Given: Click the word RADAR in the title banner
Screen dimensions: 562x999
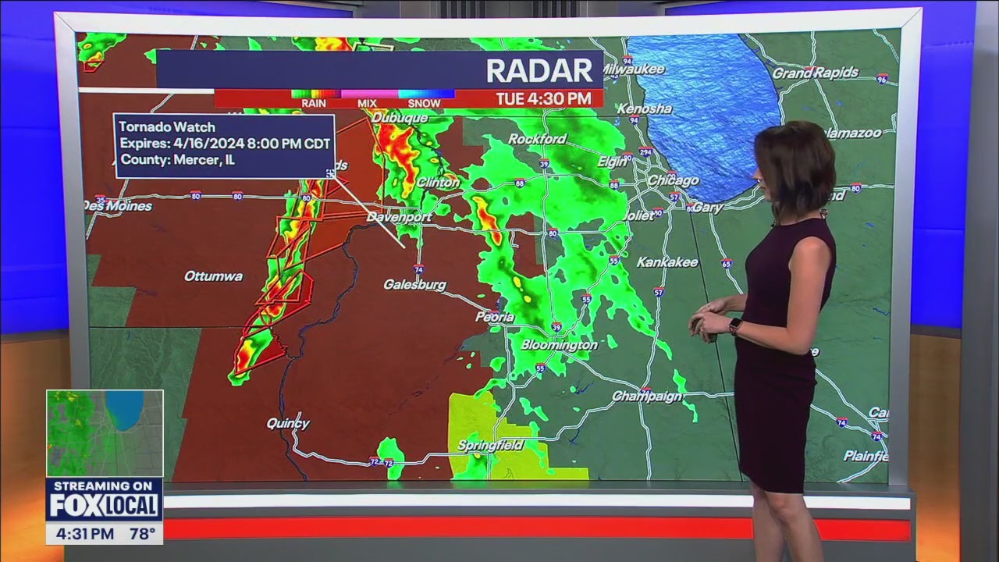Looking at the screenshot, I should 539,71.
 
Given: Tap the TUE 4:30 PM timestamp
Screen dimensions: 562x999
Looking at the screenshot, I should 542,99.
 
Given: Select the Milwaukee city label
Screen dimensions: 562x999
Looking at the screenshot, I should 634,69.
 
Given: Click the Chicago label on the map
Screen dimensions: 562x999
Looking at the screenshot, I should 673,180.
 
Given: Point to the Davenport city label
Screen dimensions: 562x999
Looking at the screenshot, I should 399,217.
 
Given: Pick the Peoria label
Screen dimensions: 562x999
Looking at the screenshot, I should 495,317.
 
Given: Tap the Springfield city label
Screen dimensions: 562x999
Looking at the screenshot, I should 490,445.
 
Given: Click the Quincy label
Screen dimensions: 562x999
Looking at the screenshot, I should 288,423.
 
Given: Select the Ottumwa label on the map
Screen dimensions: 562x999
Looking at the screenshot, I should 213,276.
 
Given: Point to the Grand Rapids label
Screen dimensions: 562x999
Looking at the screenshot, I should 815,73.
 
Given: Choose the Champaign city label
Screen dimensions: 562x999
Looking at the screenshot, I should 647,397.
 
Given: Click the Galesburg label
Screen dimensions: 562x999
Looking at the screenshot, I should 414,285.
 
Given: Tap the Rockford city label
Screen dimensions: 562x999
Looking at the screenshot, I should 537,139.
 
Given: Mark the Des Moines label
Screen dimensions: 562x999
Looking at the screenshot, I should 119,206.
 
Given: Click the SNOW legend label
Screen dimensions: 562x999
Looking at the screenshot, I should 424,103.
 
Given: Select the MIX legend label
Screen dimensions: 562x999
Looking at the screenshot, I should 367,103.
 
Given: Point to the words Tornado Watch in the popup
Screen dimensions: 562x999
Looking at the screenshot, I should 167,127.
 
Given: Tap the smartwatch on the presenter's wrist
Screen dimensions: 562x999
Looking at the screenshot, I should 734,325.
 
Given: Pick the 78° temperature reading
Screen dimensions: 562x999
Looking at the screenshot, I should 141,535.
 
